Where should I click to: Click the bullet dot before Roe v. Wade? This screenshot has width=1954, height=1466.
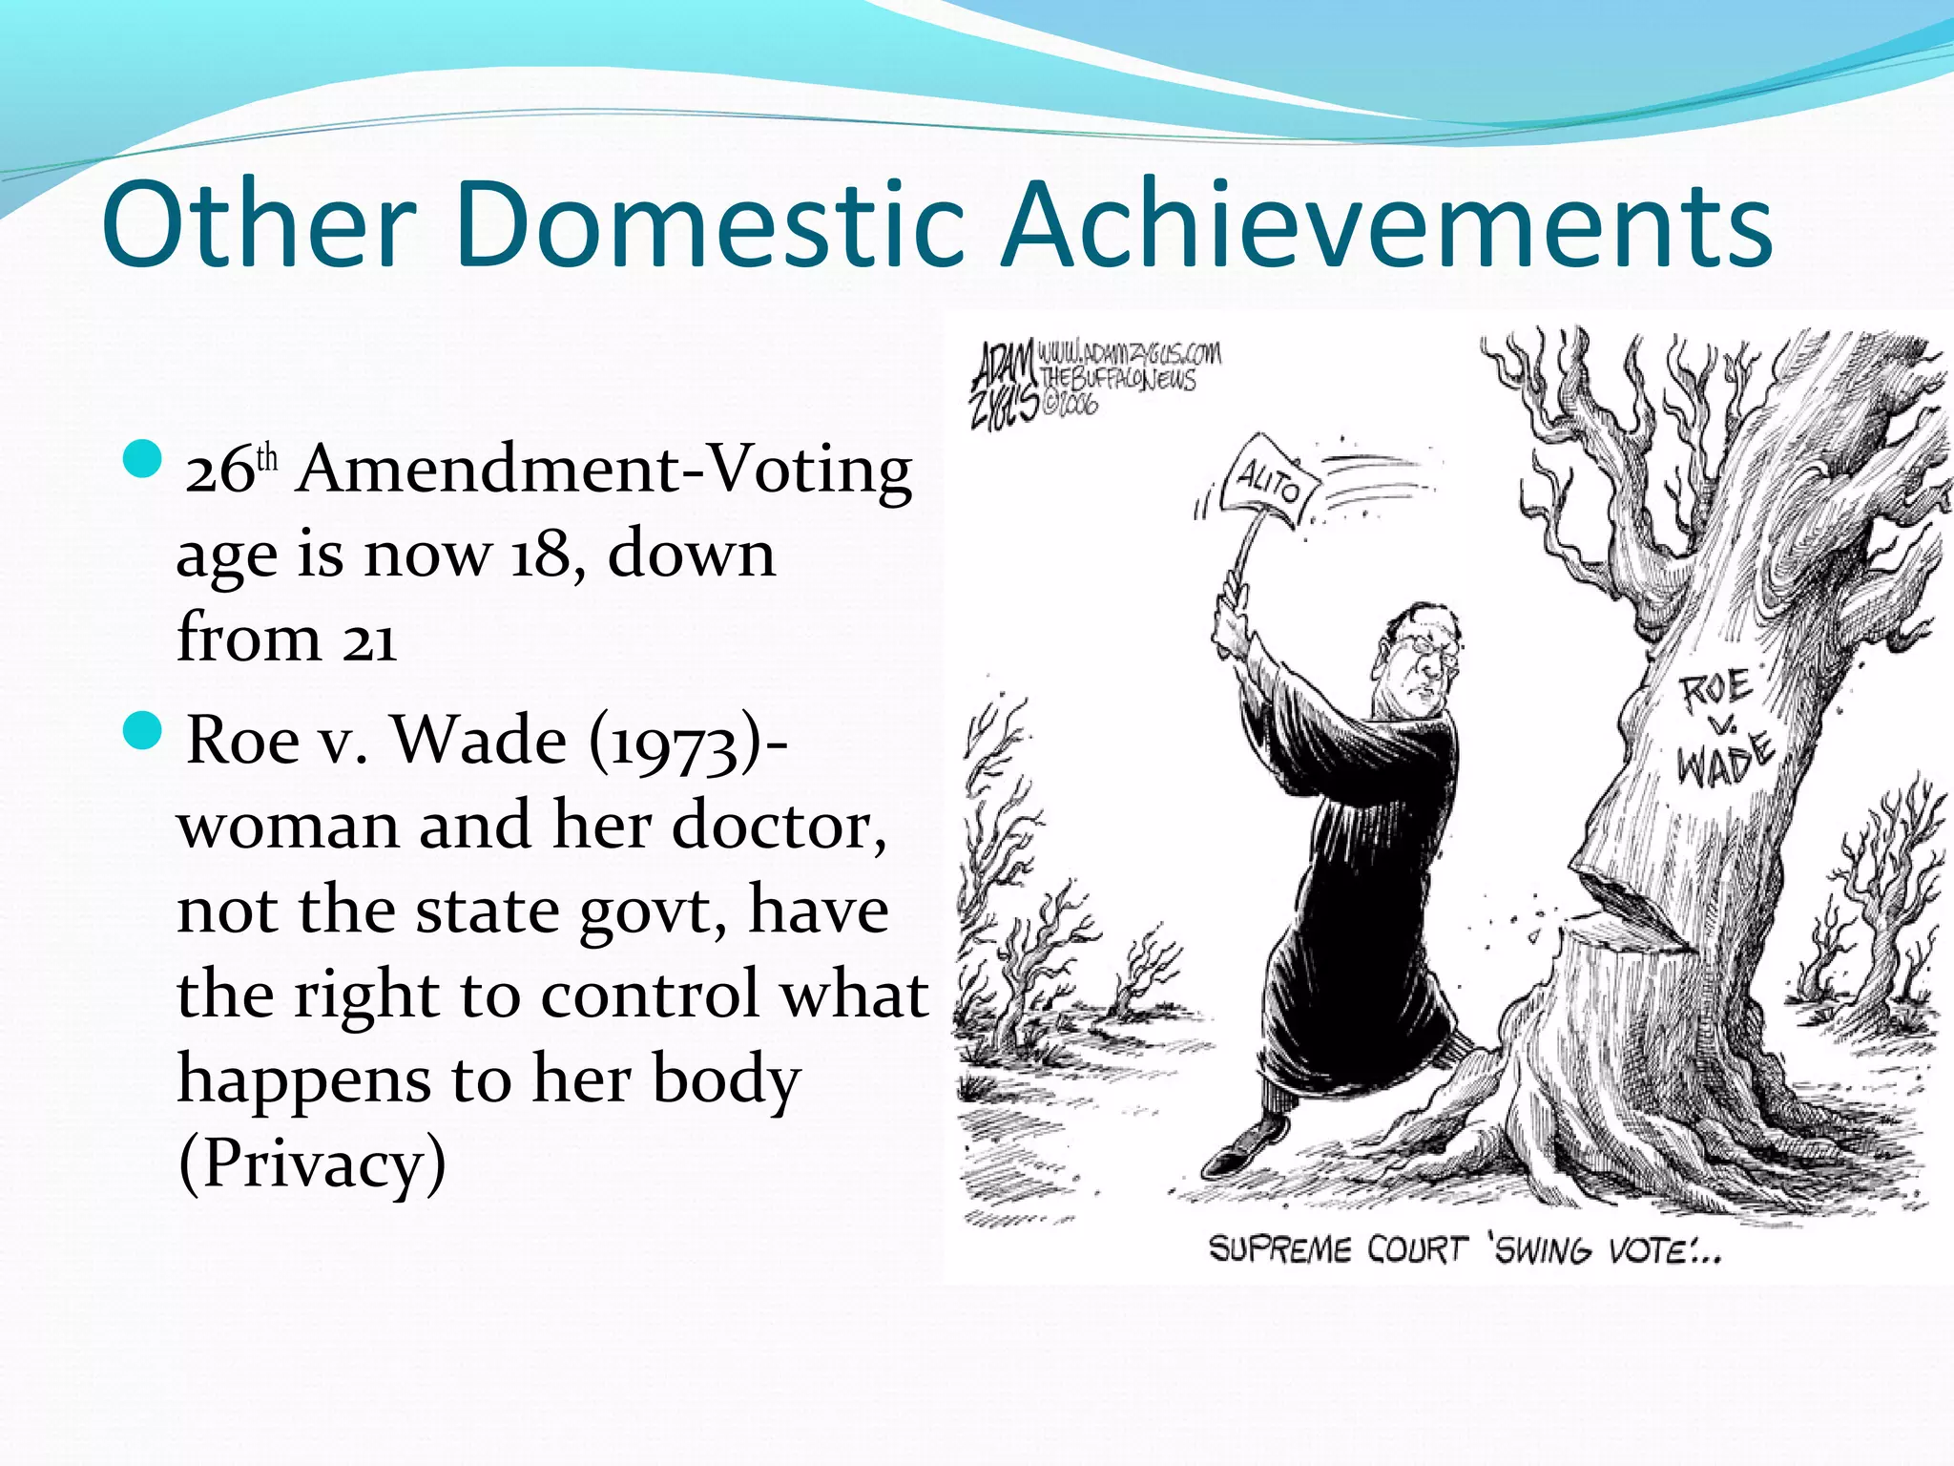(145, 730)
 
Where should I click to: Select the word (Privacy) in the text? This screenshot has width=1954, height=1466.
(312, 1163)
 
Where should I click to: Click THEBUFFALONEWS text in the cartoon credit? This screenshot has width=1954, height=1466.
(1118, 379)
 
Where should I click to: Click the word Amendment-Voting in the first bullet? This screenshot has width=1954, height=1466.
(603, 471)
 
